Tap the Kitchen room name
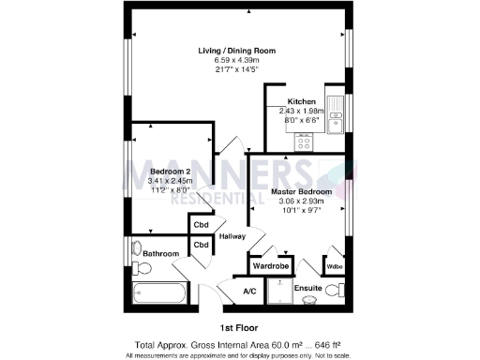(302, 101)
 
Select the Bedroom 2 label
(172, 172)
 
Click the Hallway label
(232, 236)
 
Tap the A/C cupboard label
(250, 292)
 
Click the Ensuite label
(307, 289)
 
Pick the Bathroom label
(159, 253)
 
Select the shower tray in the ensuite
(277, 292)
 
